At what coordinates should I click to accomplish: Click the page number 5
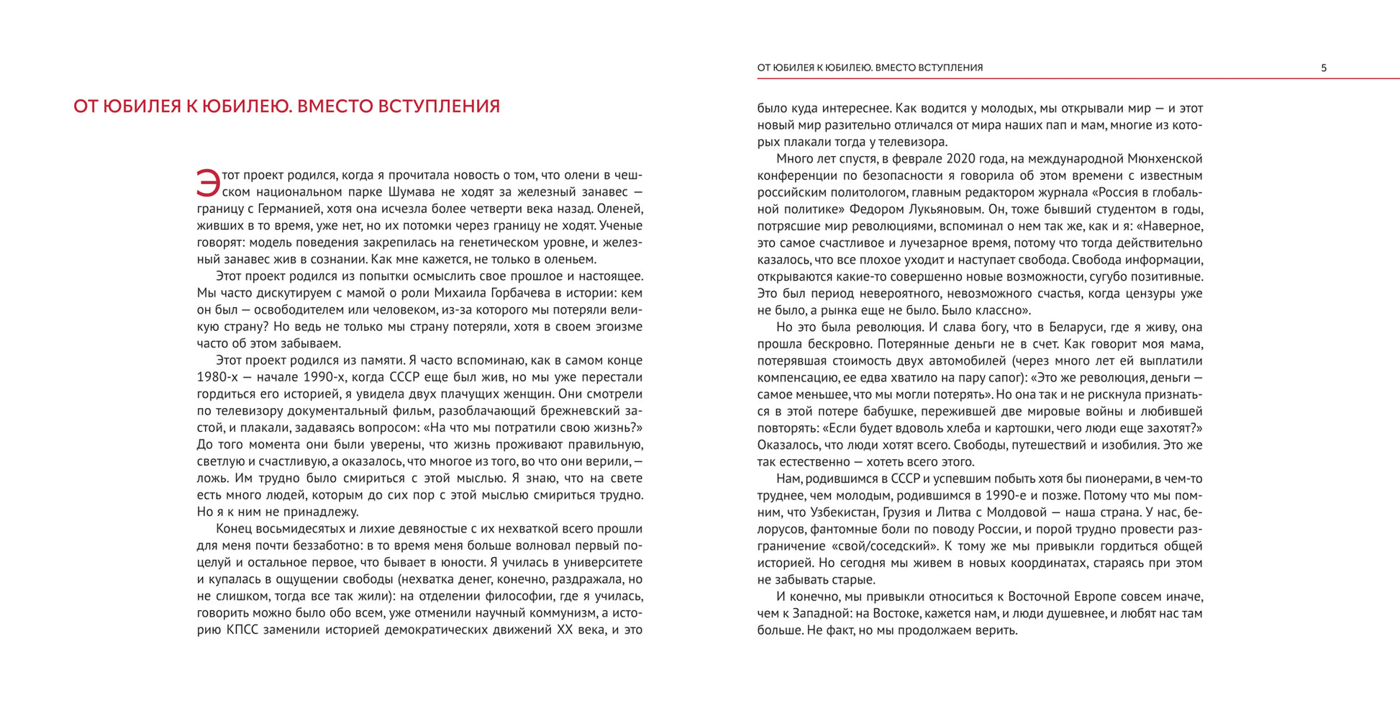1324,68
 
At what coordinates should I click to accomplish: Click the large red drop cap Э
208,183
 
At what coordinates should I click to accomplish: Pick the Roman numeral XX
567,630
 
